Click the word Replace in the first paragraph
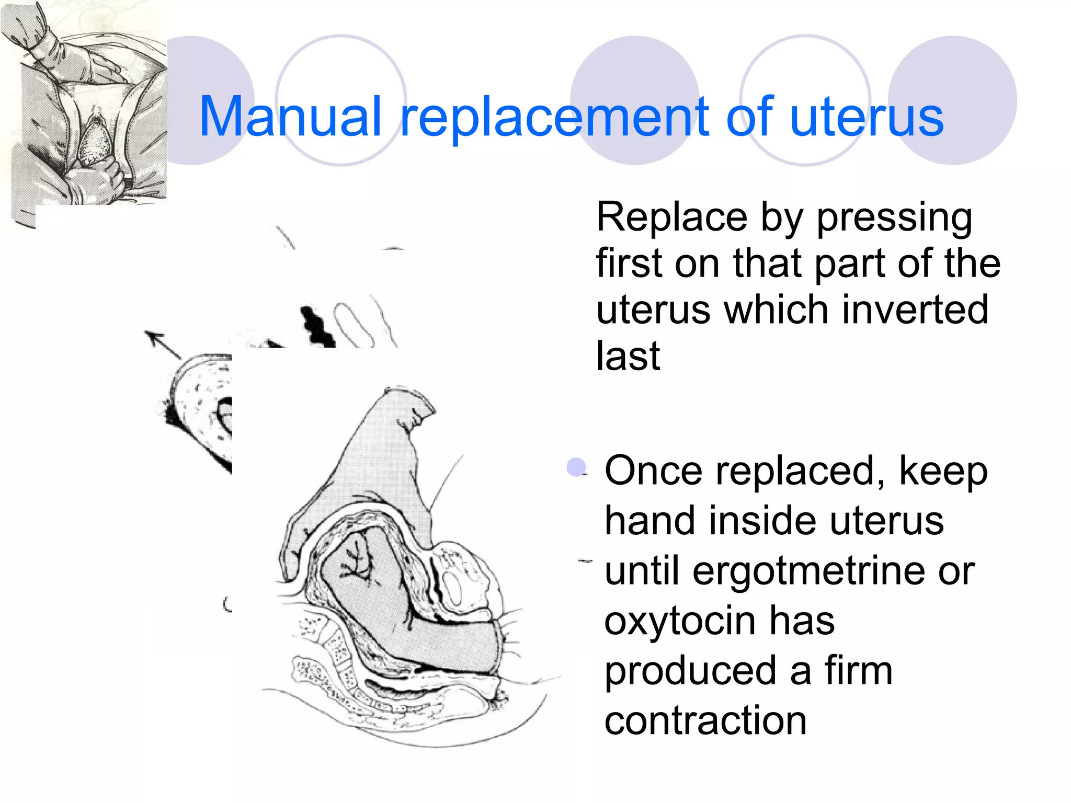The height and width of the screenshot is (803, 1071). point(673,217)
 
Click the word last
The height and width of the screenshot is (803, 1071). point(628,356)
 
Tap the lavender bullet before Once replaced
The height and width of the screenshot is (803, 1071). point(576,467)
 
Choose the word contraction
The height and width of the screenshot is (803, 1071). point(705,720)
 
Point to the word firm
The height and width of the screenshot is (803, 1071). point(858,671)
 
